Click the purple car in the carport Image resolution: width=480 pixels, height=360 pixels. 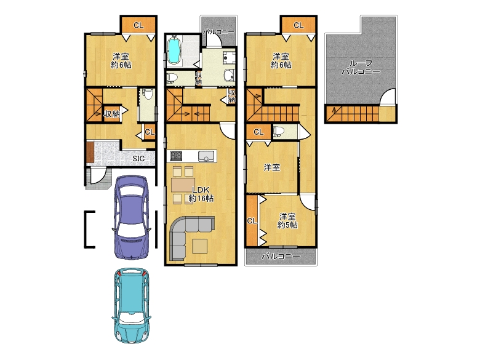[x=131, y=217]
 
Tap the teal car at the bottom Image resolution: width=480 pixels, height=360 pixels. [x=131, y=305]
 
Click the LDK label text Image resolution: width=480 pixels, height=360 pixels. [x=201, y=190]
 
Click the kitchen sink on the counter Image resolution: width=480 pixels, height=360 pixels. [x=207, y=156]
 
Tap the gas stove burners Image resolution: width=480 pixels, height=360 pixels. [x=176, y=156]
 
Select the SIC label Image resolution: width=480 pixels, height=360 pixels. [x=138, y=159]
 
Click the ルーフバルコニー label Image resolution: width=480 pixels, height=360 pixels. [x=361, y=67]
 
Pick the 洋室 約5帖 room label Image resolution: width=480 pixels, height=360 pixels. [x=287, y=221]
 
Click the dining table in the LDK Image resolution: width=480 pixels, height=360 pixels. [x=183, y=185]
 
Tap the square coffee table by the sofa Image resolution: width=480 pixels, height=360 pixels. [x=199, y=246]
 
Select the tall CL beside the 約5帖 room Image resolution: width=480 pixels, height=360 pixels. [x=252, y=221]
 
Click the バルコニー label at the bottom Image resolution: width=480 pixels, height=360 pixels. [x=281, y=257]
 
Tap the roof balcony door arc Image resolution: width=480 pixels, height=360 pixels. [x=386, y=97]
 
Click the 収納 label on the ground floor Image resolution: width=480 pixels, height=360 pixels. [x=111, y=114]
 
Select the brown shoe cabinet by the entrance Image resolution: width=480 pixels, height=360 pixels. [x=90, y=152]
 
